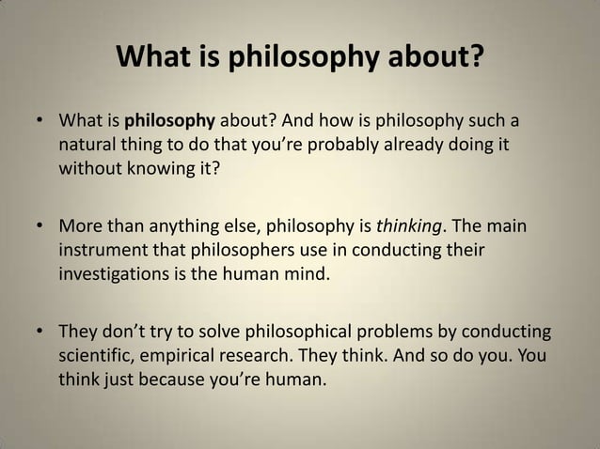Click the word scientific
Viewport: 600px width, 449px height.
98,358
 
